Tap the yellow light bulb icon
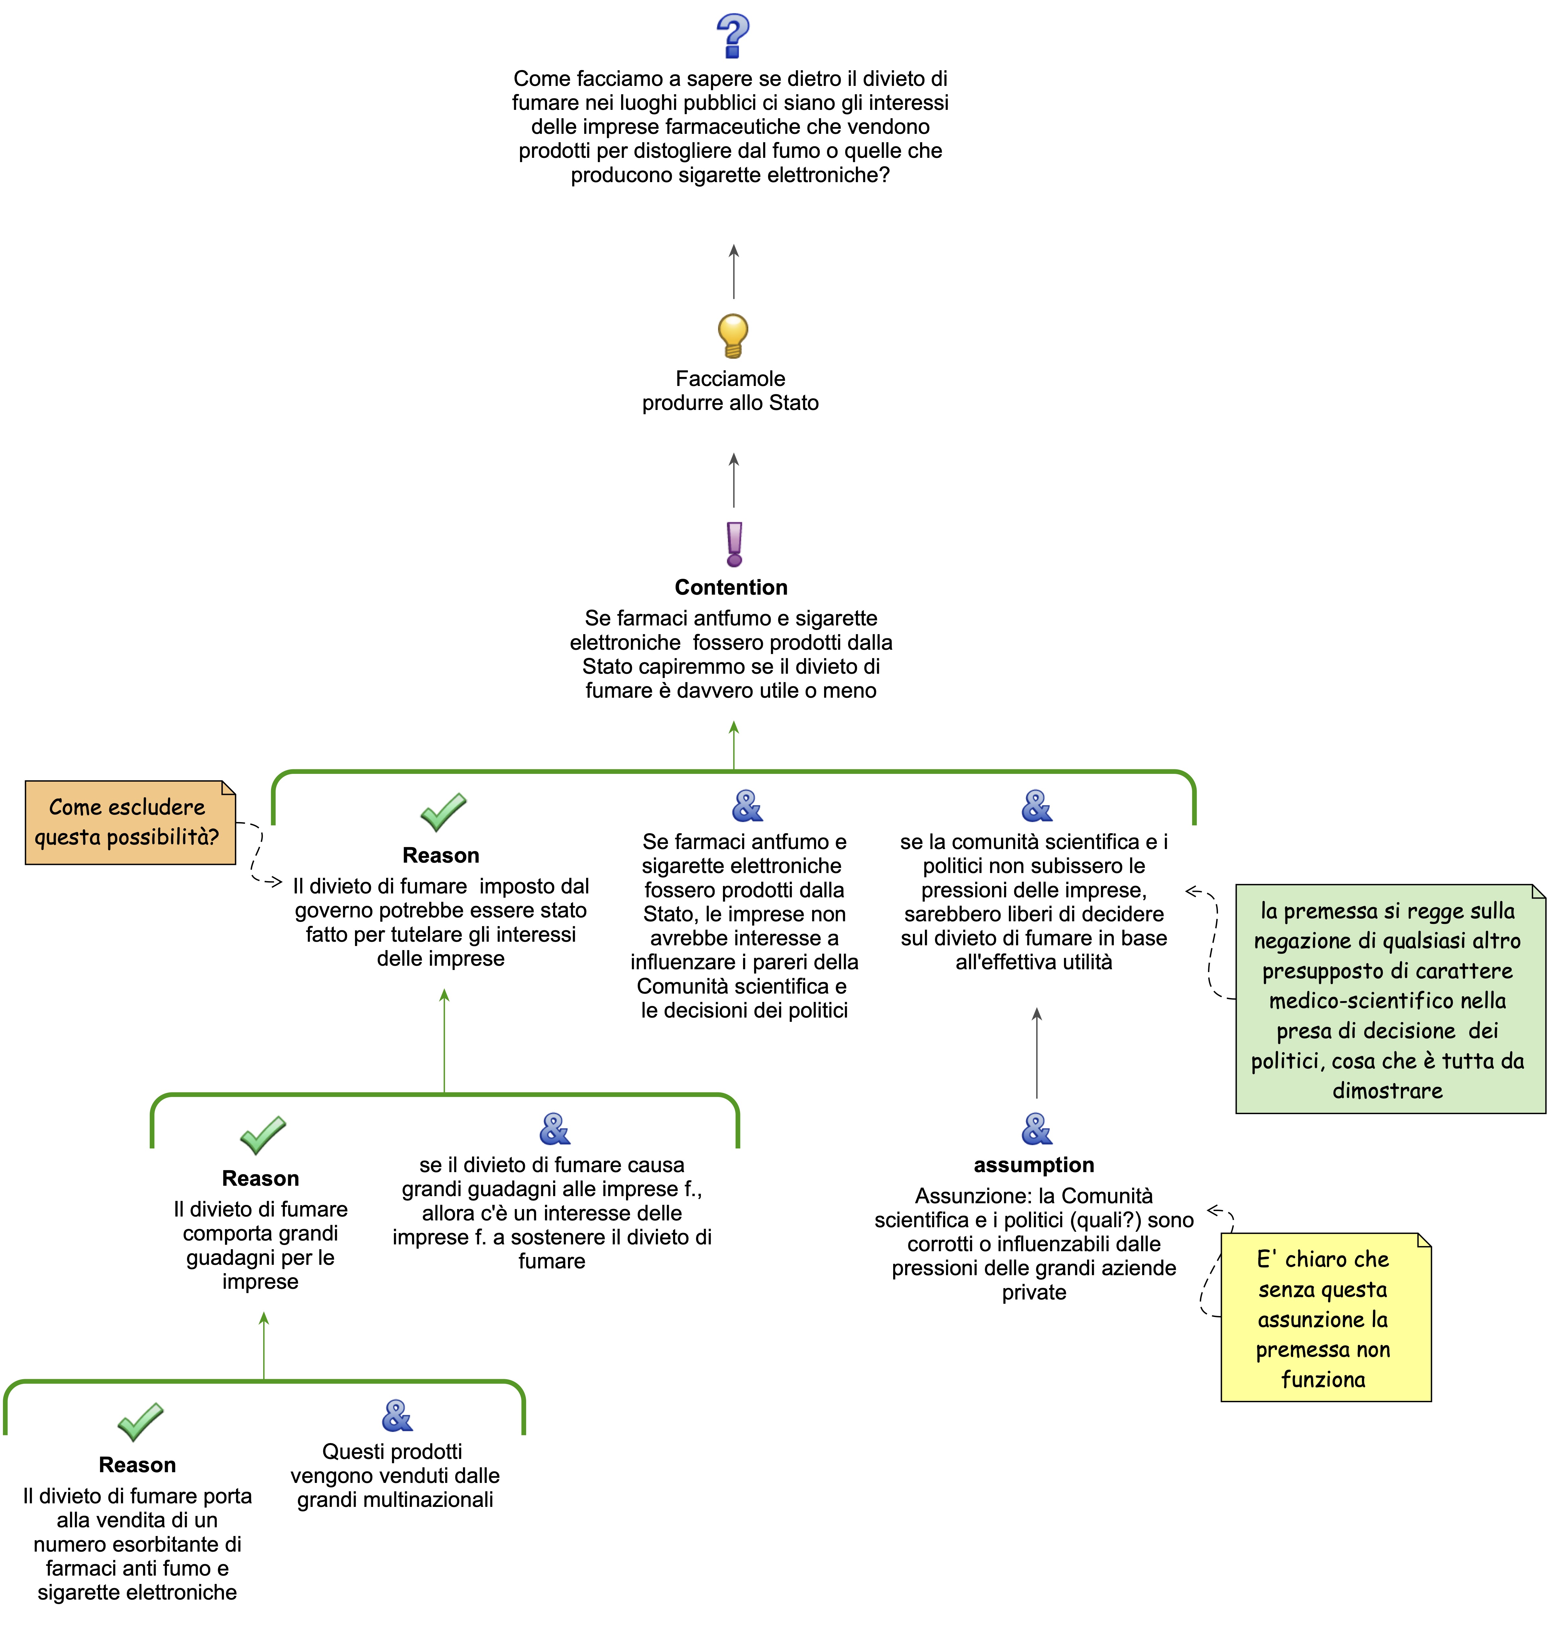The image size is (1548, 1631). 733,335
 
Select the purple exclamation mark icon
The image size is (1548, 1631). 734,544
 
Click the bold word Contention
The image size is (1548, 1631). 731,588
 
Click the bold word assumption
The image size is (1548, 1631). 1034,1165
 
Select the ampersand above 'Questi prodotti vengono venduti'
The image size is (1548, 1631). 397,1416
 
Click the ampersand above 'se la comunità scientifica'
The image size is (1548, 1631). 1036,806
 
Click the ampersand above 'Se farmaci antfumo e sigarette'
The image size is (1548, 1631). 747,806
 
